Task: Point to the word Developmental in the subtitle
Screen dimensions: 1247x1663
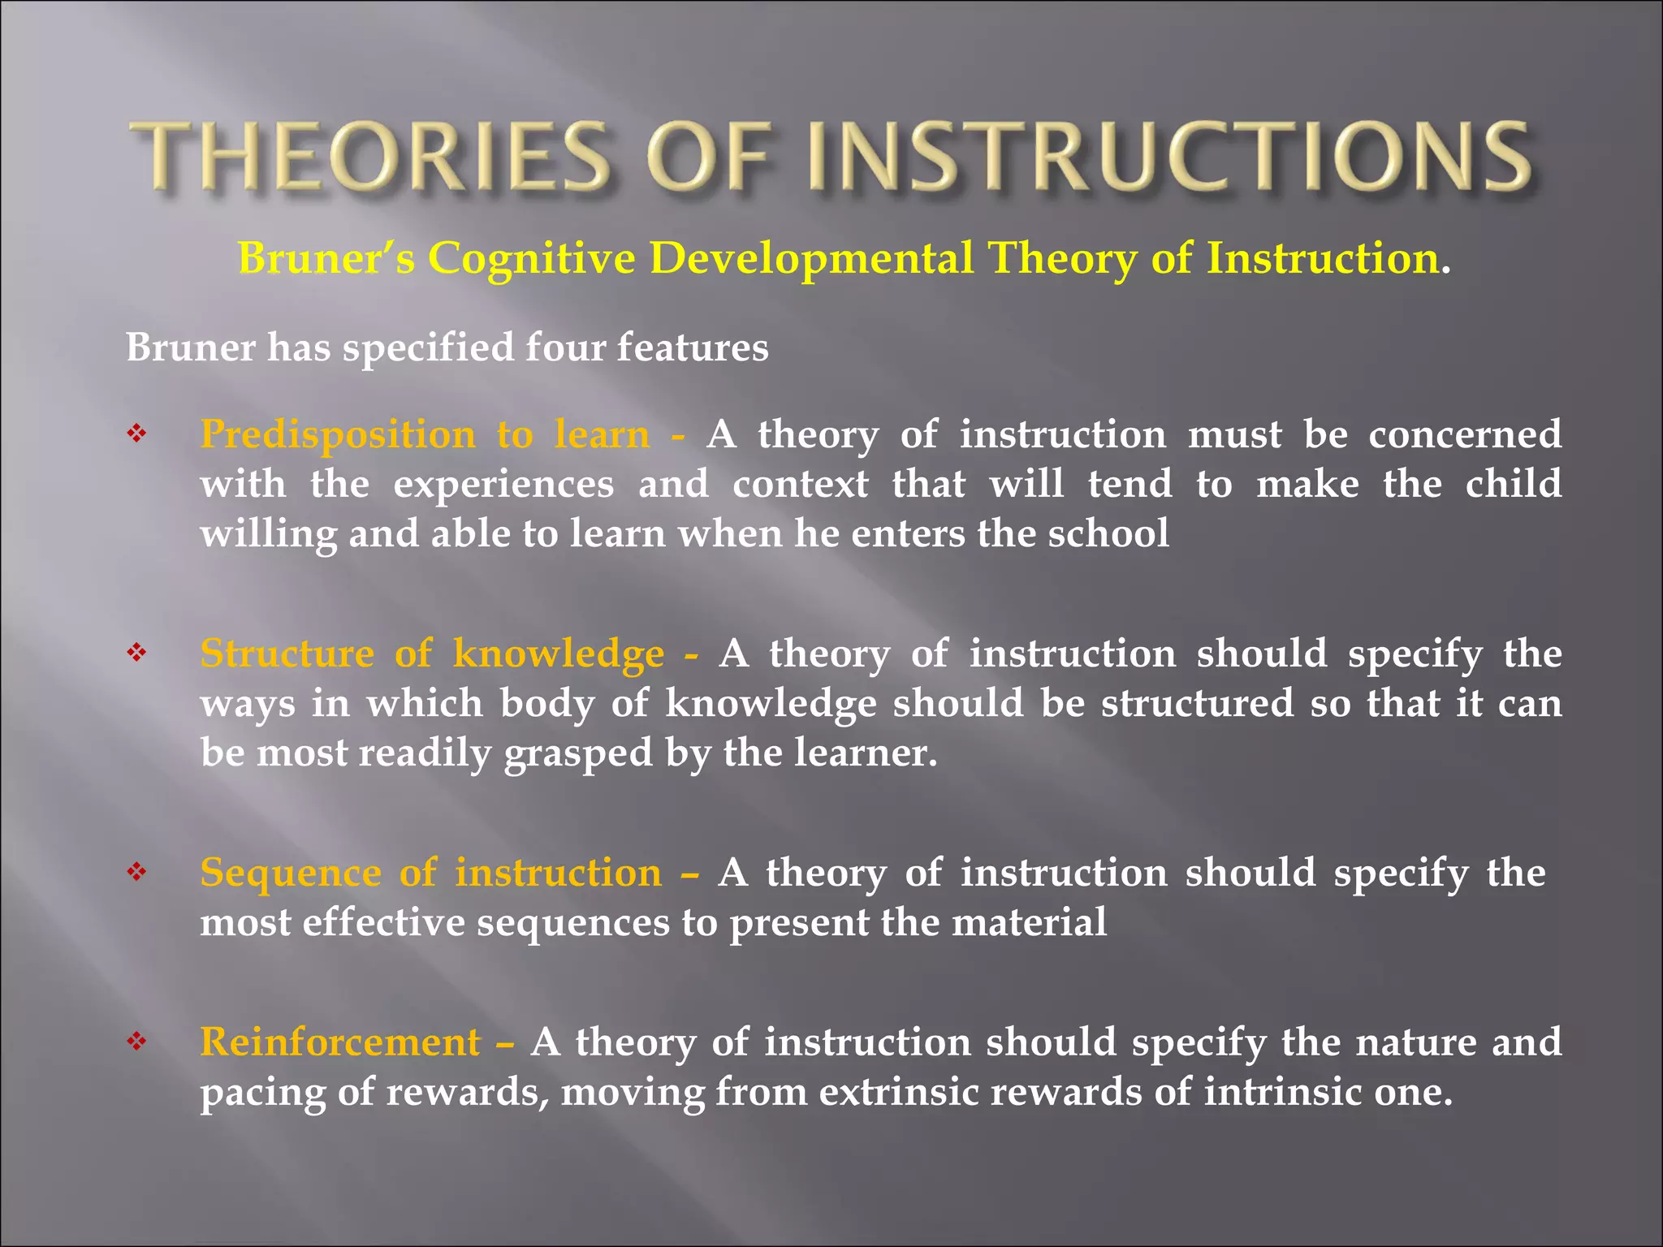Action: (811, 259)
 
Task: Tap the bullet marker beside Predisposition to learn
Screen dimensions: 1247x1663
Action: (136, 434)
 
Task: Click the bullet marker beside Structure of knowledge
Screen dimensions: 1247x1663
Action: (136, 653)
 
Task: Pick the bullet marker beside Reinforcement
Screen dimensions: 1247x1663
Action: (136, 1042)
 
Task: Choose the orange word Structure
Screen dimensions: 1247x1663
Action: (287, 654)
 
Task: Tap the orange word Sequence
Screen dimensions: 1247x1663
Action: (291, 874)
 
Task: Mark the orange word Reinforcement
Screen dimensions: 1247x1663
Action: (340, 1042)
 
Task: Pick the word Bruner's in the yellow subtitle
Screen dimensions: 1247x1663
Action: (326, 259)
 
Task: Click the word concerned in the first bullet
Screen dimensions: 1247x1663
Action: (1465, 434)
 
